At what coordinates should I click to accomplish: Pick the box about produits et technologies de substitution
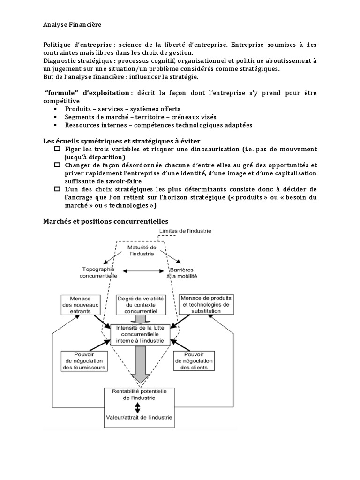tap(206, 304)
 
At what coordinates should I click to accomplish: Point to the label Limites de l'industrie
tap(185, 231)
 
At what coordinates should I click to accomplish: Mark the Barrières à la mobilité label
tap(180, 273)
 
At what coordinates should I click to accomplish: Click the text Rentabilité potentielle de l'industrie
tap(138, 394)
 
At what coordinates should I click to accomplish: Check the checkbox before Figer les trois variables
tap(57, 149)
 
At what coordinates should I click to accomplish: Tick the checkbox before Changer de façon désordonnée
tap(57, 165)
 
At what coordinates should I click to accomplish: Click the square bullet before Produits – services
tap(56, 109)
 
